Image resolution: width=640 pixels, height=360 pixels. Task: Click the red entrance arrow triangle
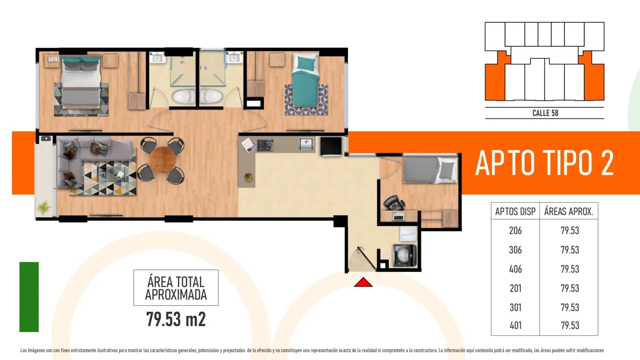pyautogui.click(x=363, y=282)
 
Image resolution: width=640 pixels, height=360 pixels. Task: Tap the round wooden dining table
pyautogui.click(x=162, y=160)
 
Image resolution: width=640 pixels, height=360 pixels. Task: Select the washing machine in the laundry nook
pyautogui.click(x=404, y=256)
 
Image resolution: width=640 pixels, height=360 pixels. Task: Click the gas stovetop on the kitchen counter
pyautogui.click(x=265, y=145)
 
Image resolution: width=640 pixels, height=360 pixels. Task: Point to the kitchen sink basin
pyautogui.click(x=306, y=144)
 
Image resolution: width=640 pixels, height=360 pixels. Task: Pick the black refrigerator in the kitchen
pyautogui.click(x=331, y=146)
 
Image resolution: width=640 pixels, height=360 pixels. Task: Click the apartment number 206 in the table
pyautogui.click(x=515, y=230)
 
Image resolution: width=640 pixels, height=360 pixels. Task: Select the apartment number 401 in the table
pyautogui.click(x=516, y=326)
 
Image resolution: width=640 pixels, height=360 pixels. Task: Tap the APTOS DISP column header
pyautogui.click(x=515, y=212)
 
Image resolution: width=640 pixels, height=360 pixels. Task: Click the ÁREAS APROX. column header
pyautogui.click(x=568, y=211)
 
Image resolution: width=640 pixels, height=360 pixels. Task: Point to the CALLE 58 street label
pyautogui.click(x=545, y=113)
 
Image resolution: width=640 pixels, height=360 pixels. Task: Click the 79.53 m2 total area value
pyautogui.click(x=176, y=319)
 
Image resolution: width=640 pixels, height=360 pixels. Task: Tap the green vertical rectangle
pyautogui.click(x=29, y=297)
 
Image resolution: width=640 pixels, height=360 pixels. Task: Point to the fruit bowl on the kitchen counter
pyautogui.click(x=248, y=177)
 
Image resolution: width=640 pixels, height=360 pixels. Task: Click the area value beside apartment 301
pyautogui.click(x=570, y=308)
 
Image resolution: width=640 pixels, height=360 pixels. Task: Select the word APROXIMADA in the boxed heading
pyautogui.click(x=176, y=294)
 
